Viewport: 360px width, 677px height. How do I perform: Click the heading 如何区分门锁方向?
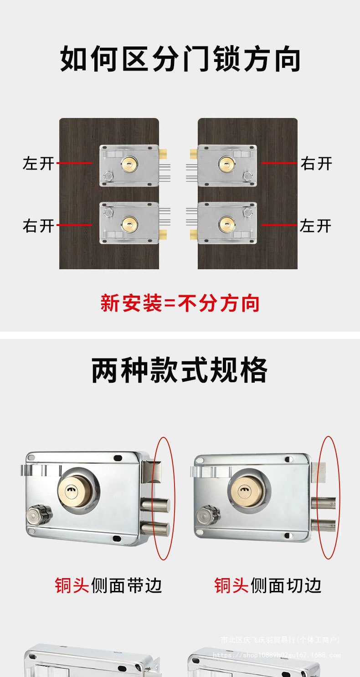click(x=180, y=59)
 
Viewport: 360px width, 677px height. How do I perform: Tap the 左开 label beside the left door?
click(x=39, y=163)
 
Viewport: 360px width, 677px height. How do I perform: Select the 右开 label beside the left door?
click(x=39, y=226)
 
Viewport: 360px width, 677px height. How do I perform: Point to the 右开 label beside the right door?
click(x=316, y=163)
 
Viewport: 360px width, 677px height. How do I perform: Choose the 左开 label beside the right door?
click(x=316, y=226)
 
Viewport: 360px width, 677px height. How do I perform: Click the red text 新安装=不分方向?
click(x=180, y=303)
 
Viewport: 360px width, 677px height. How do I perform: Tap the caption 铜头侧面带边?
click(x=108, y=585)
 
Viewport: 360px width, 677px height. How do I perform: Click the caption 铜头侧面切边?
click(x=268, y=585)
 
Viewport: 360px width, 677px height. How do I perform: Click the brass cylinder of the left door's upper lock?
click(x=129, y=164)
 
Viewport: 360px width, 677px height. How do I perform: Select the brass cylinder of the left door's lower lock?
click(x=129, y=223)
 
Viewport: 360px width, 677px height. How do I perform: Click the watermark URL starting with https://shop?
click(x=277, y=655)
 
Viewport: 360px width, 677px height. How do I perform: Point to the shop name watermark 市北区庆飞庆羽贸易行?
click(x=280, y=640)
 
